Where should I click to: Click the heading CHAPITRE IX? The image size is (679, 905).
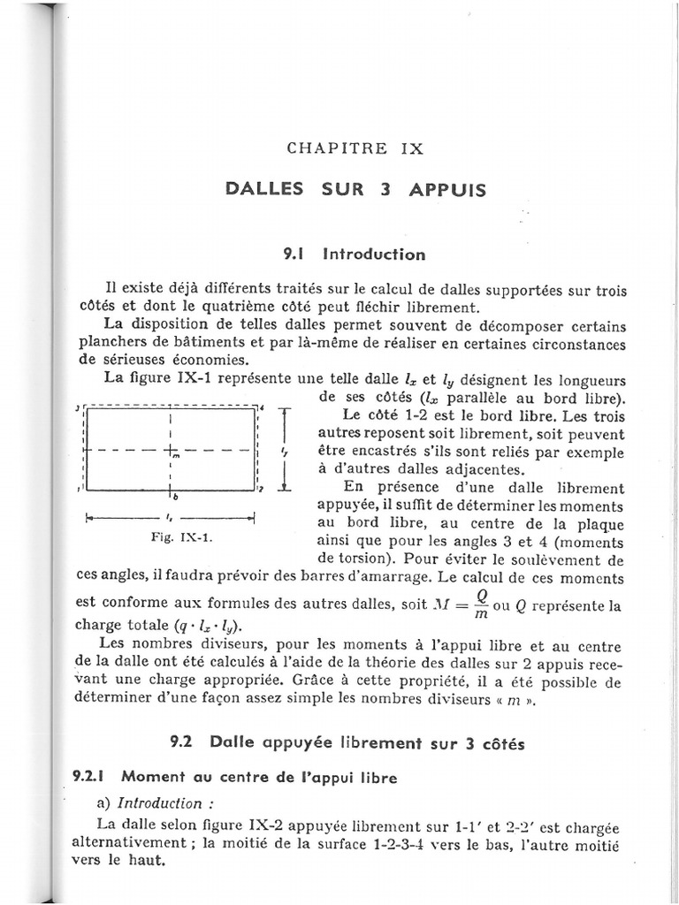tap(355, 148)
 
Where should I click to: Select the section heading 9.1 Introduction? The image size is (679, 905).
tap(354, 255)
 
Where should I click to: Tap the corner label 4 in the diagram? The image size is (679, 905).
tap(263, 406)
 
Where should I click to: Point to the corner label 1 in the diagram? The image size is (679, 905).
tap(79, 489)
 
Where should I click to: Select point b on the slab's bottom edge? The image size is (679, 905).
tap(175, 498)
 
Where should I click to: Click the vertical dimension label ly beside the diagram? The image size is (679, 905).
tap(285, 452)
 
